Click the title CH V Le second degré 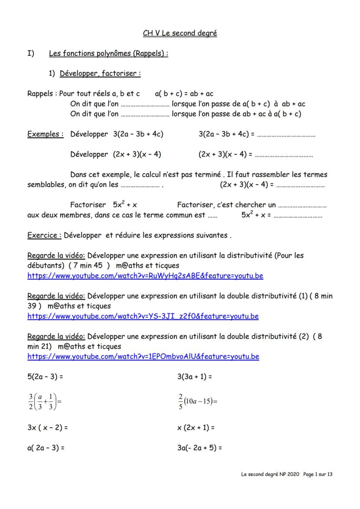coord(180,33)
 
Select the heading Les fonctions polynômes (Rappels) coord(108,54)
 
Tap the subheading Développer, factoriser coord(100,74)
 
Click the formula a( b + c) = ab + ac coord(184,94)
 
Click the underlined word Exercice coord(44,236)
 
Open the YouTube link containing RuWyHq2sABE coord(145,276)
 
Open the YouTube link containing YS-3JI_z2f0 coord(143,316)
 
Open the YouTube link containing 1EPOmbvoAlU coord(143,357)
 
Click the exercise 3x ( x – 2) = coord(47,428)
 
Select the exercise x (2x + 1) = coord(196,428)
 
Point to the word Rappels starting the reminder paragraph coord(40,94)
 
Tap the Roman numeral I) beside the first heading coord(30,54)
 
